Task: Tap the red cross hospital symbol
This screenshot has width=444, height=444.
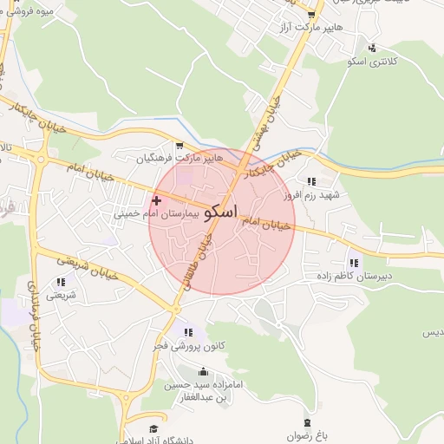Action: (156, 200)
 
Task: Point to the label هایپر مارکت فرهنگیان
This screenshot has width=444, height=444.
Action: (180, 159)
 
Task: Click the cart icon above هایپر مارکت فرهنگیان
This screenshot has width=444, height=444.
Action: (180, 146)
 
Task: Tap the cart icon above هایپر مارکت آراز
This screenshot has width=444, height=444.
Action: (311, 15)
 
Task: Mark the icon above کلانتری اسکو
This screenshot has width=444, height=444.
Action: (371, 48)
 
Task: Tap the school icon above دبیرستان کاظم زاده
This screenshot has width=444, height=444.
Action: (353, 263)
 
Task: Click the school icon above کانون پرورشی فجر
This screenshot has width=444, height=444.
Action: (189, 332)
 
